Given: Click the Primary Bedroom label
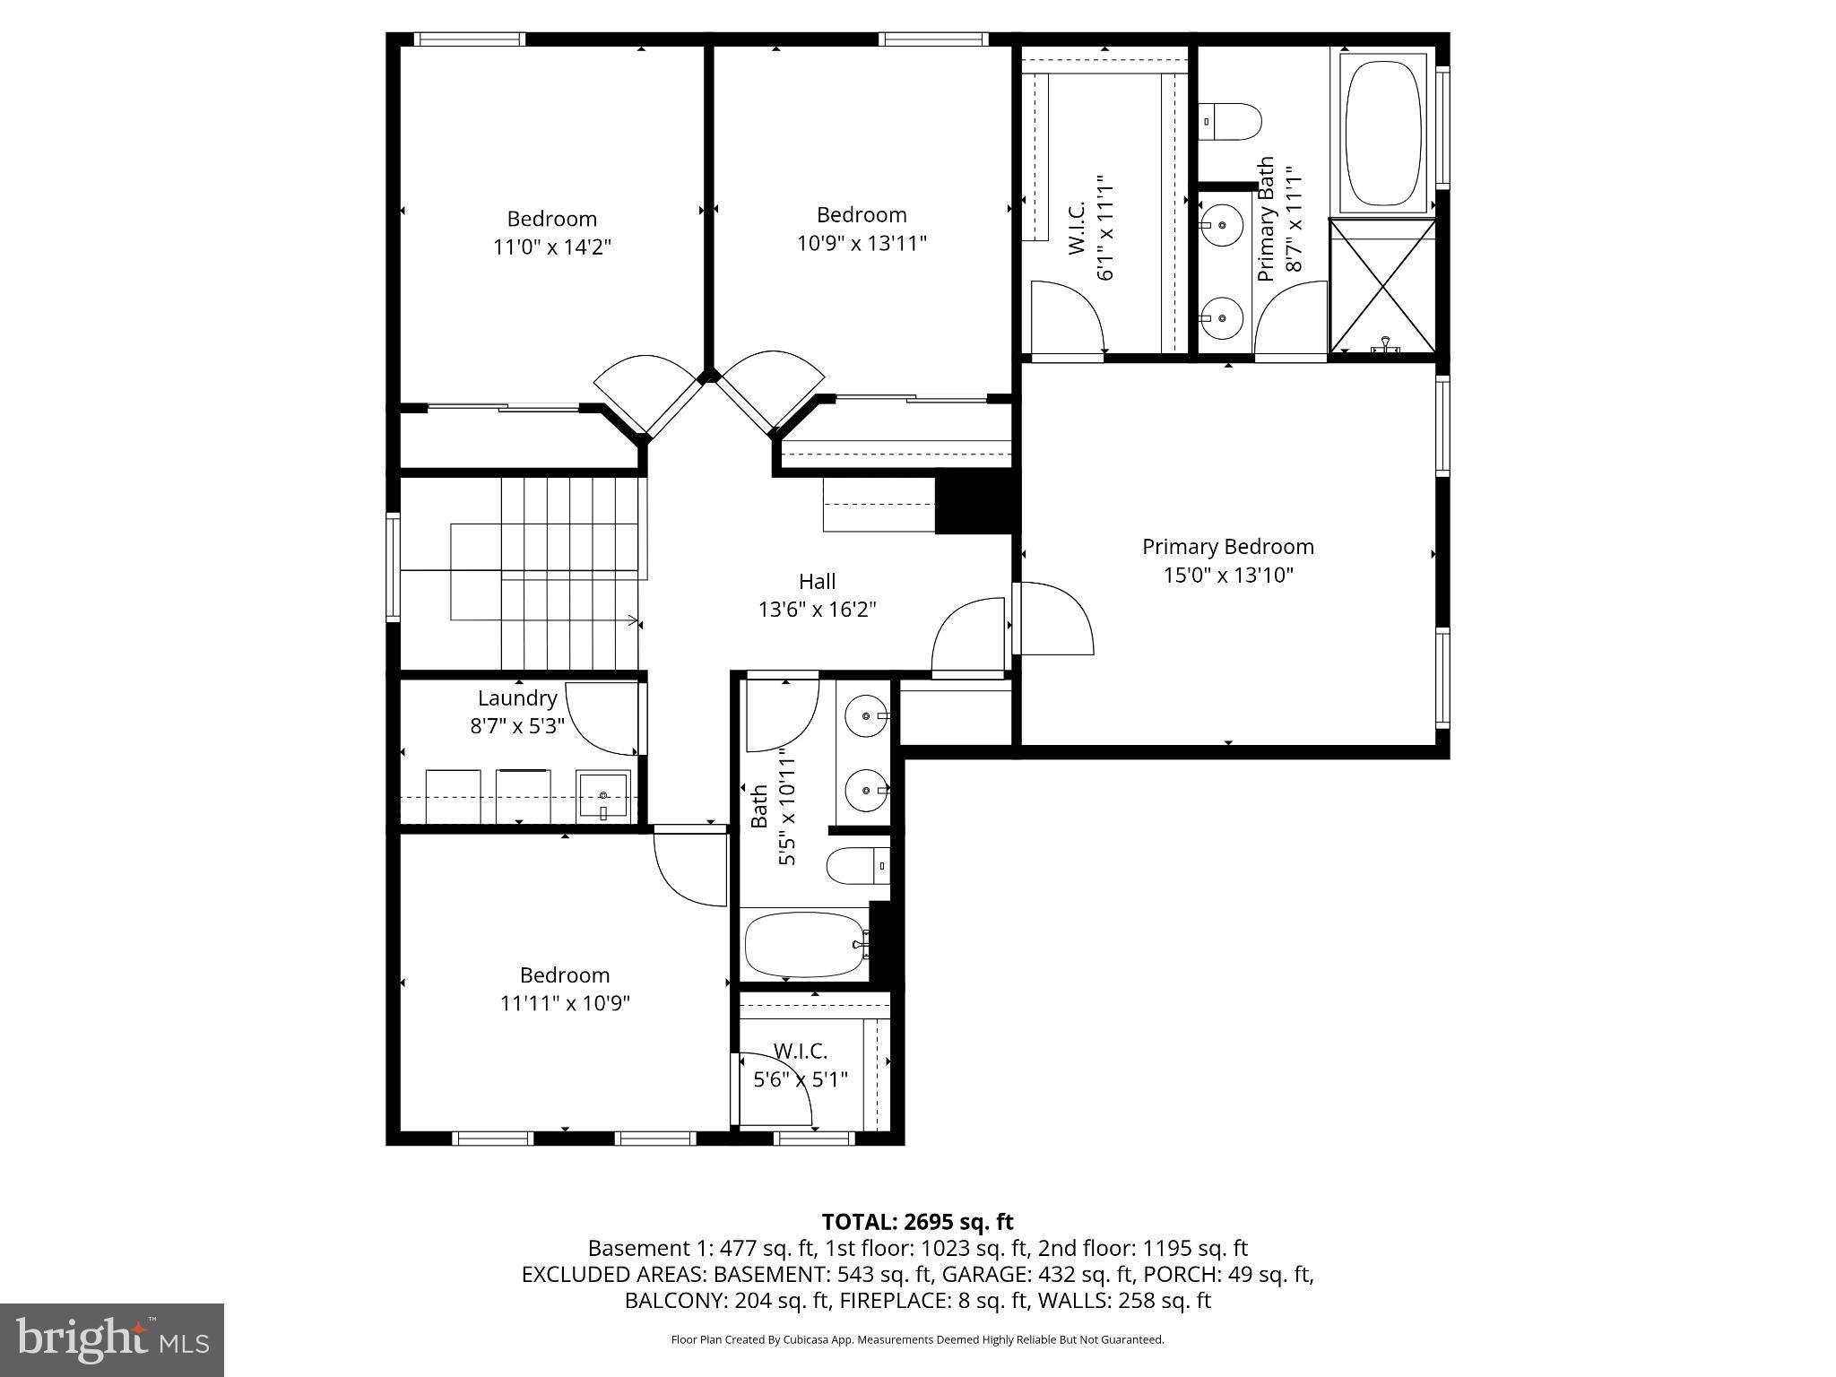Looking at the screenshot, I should click(x=1227, y=547).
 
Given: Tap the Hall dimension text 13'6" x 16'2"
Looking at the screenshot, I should click(x=817, y=610).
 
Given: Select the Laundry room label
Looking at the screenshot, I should click(x=517, y=697).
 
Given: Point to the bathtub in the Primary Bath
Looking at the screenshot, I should click(x=1385, y=133).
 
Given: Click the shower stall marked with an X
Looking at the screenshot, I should click(x=1383, y=286).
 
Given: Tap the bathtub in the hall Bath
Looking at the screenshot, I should click(x=803, y=944).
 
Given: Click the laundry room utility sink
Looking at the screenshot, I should click(x=603, y=795).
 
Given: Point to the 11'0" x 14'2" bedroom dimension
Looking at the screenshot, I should click(x=552, y=247).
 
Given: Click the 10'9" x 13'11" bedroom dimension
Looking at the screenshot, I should click(x=862, y=243).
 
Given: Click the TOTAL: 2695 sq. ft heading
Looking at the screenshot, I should click(x=917, y=1222).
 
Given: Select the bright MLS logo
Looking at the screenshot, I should click(x=112, y=1339).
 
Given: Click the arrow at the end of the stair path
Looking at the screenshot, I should click(x=633, y=619).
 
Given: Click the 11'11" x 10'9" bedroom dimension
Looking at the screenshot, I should click(x=565, y=1003).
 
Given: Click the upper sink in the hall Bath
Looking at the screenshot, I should click(x=867, y=716).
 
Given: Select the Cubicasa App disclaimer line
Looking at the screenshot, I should click(x=917, y=1339).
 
